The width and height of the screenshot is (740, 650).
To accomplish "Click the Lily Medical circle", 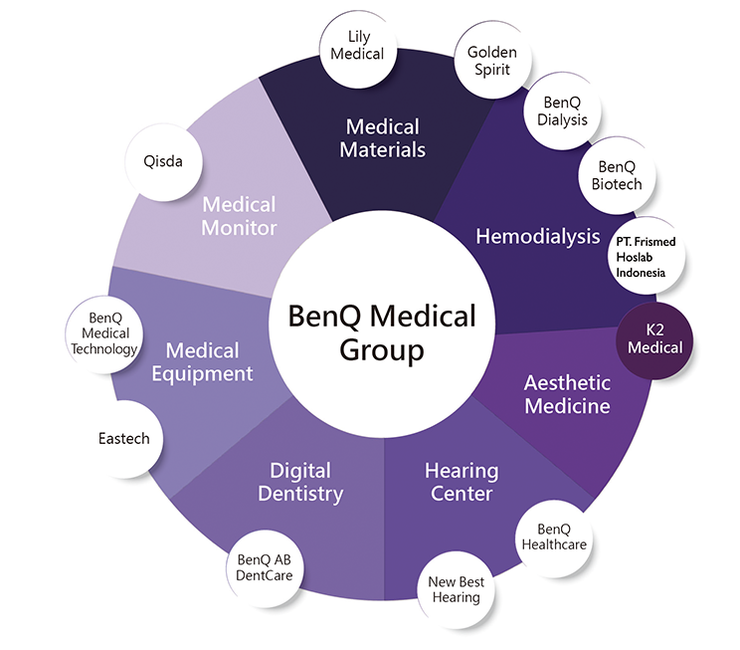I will click(358, 45).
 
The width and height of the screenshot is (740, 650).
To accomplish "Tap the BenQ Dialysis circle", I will click(565, 110).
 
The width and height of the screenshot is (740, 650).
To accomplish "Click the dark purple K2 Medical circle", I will click(655, 338).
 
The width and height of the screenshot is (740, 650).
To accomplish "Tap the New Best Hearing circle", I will click(454, 589).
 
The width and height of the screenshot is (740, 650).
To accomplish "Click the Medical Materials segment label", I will click(382, 138).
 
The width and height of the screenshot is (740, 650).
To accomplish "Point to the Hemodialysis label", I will click(538, 236).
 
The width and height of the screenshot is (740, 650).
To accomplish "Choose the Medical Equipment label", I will click(203, 362).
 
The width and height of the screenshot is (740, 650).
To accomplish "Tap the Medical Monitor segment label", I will click(239, 215).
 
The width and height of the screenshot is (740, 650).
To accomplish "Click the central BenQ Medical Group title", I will click(382, 332).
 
